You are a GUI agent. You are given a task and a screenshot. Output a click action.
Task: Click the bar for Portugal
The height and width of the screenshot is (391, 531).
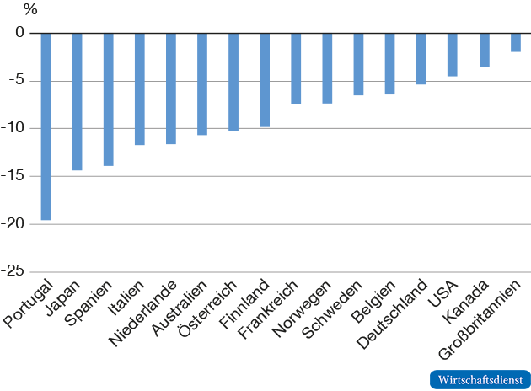[46, 126]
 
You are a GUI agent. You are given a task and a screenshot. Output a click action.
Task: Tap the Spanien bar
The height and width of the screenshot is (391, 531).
[109, 99]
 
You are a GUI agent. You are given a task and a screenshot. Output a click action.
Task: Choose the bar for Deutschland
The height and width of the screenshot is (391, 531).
[421, 58]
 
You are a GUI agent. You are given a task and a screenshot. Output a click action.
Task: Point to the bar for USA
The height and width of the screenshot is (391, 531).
[453, 55]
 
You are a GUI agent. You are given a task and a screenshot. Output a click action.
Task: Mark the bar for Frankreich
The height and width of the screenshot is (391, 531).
[296, 68]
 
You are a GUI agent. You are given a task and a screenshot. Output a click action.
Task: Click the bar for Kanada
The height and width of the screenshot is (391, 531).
[484, 50]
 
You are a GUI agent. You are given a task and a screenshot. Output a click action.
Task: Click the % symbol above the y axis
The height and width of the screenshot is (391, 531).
[30, 11]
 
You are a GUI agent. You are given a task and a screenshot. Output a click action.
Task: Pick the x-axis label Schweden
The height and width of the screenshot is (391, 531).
[334, 308]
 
